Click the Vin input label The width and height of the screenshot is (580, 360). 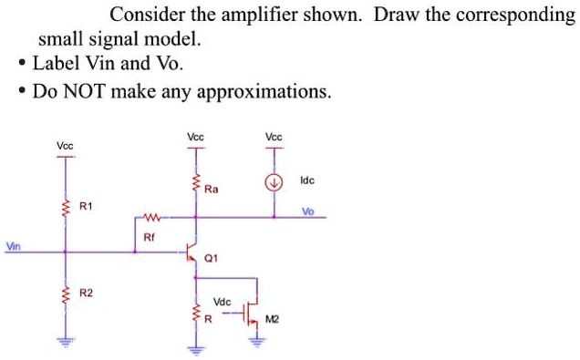point(12,246)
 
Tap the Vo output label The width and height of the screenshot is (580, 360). point(307,211)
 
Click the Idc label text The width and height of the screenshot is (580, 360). point(306,181)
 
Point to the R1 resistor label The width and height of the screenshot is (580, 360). point(86,207)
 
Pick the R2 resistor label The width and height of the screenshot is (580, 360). point(86,293)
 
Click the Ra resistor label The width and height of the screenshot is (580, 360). point(212,190)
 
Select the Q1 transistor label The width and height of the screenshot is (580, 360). point(212,258)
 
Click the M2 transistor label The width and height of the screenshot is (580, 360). point(272,318)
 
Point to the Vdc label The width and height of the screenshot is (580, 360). point(222,301)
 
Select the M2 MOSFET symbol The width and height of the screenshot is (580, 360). point(253,313)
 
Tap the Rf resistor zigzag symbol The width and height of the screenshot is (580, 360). point(151,218)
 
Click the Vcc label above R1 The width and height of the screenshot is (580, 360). point(65,145)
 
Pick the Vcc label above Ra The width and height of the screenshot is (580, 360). point(195,137)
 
